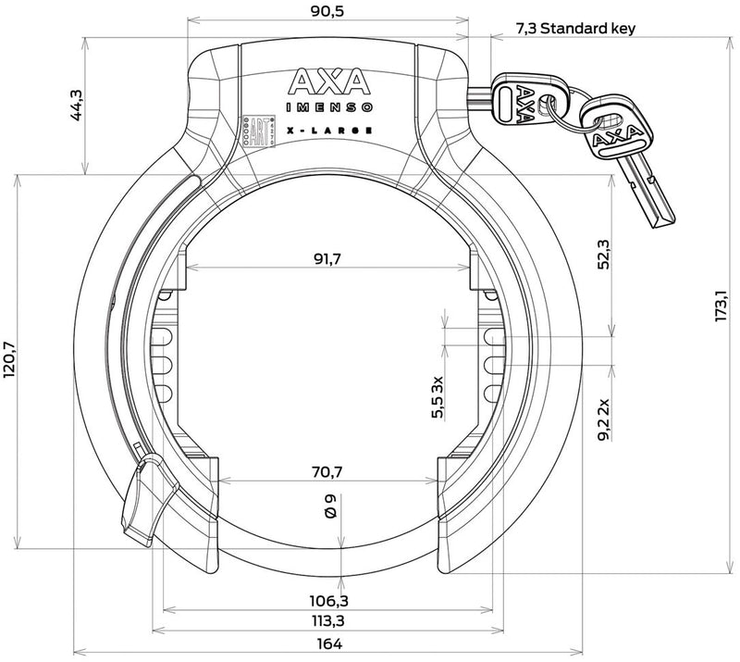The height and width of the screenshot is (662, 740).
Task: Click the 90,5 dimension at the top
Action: pyautogui.click(x=327, y=12)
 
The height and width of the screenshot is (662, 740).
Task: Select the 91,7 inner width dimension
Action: pyautogui.click(x=327, y=259)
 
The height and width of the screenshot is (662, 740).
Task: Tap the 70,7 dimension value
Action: pyautogui.click(x=327, y=472)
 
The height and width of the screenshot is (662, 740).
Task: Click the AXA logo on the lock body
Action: pyautogui.click(x=329, y=82)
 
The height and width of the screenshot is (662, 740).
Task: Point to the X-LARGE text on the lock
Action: pyautogui.click(x=329, y=130)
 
